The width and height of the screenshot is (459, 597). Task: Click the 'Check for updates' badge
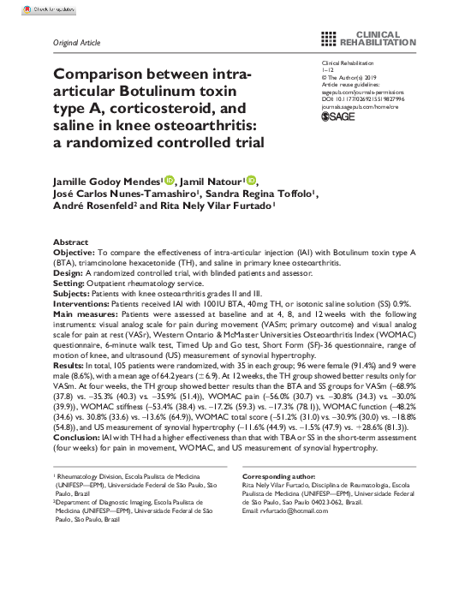tap(27, 9)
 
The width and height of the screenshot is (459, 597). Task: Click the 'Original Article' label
tap(77, 41)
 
